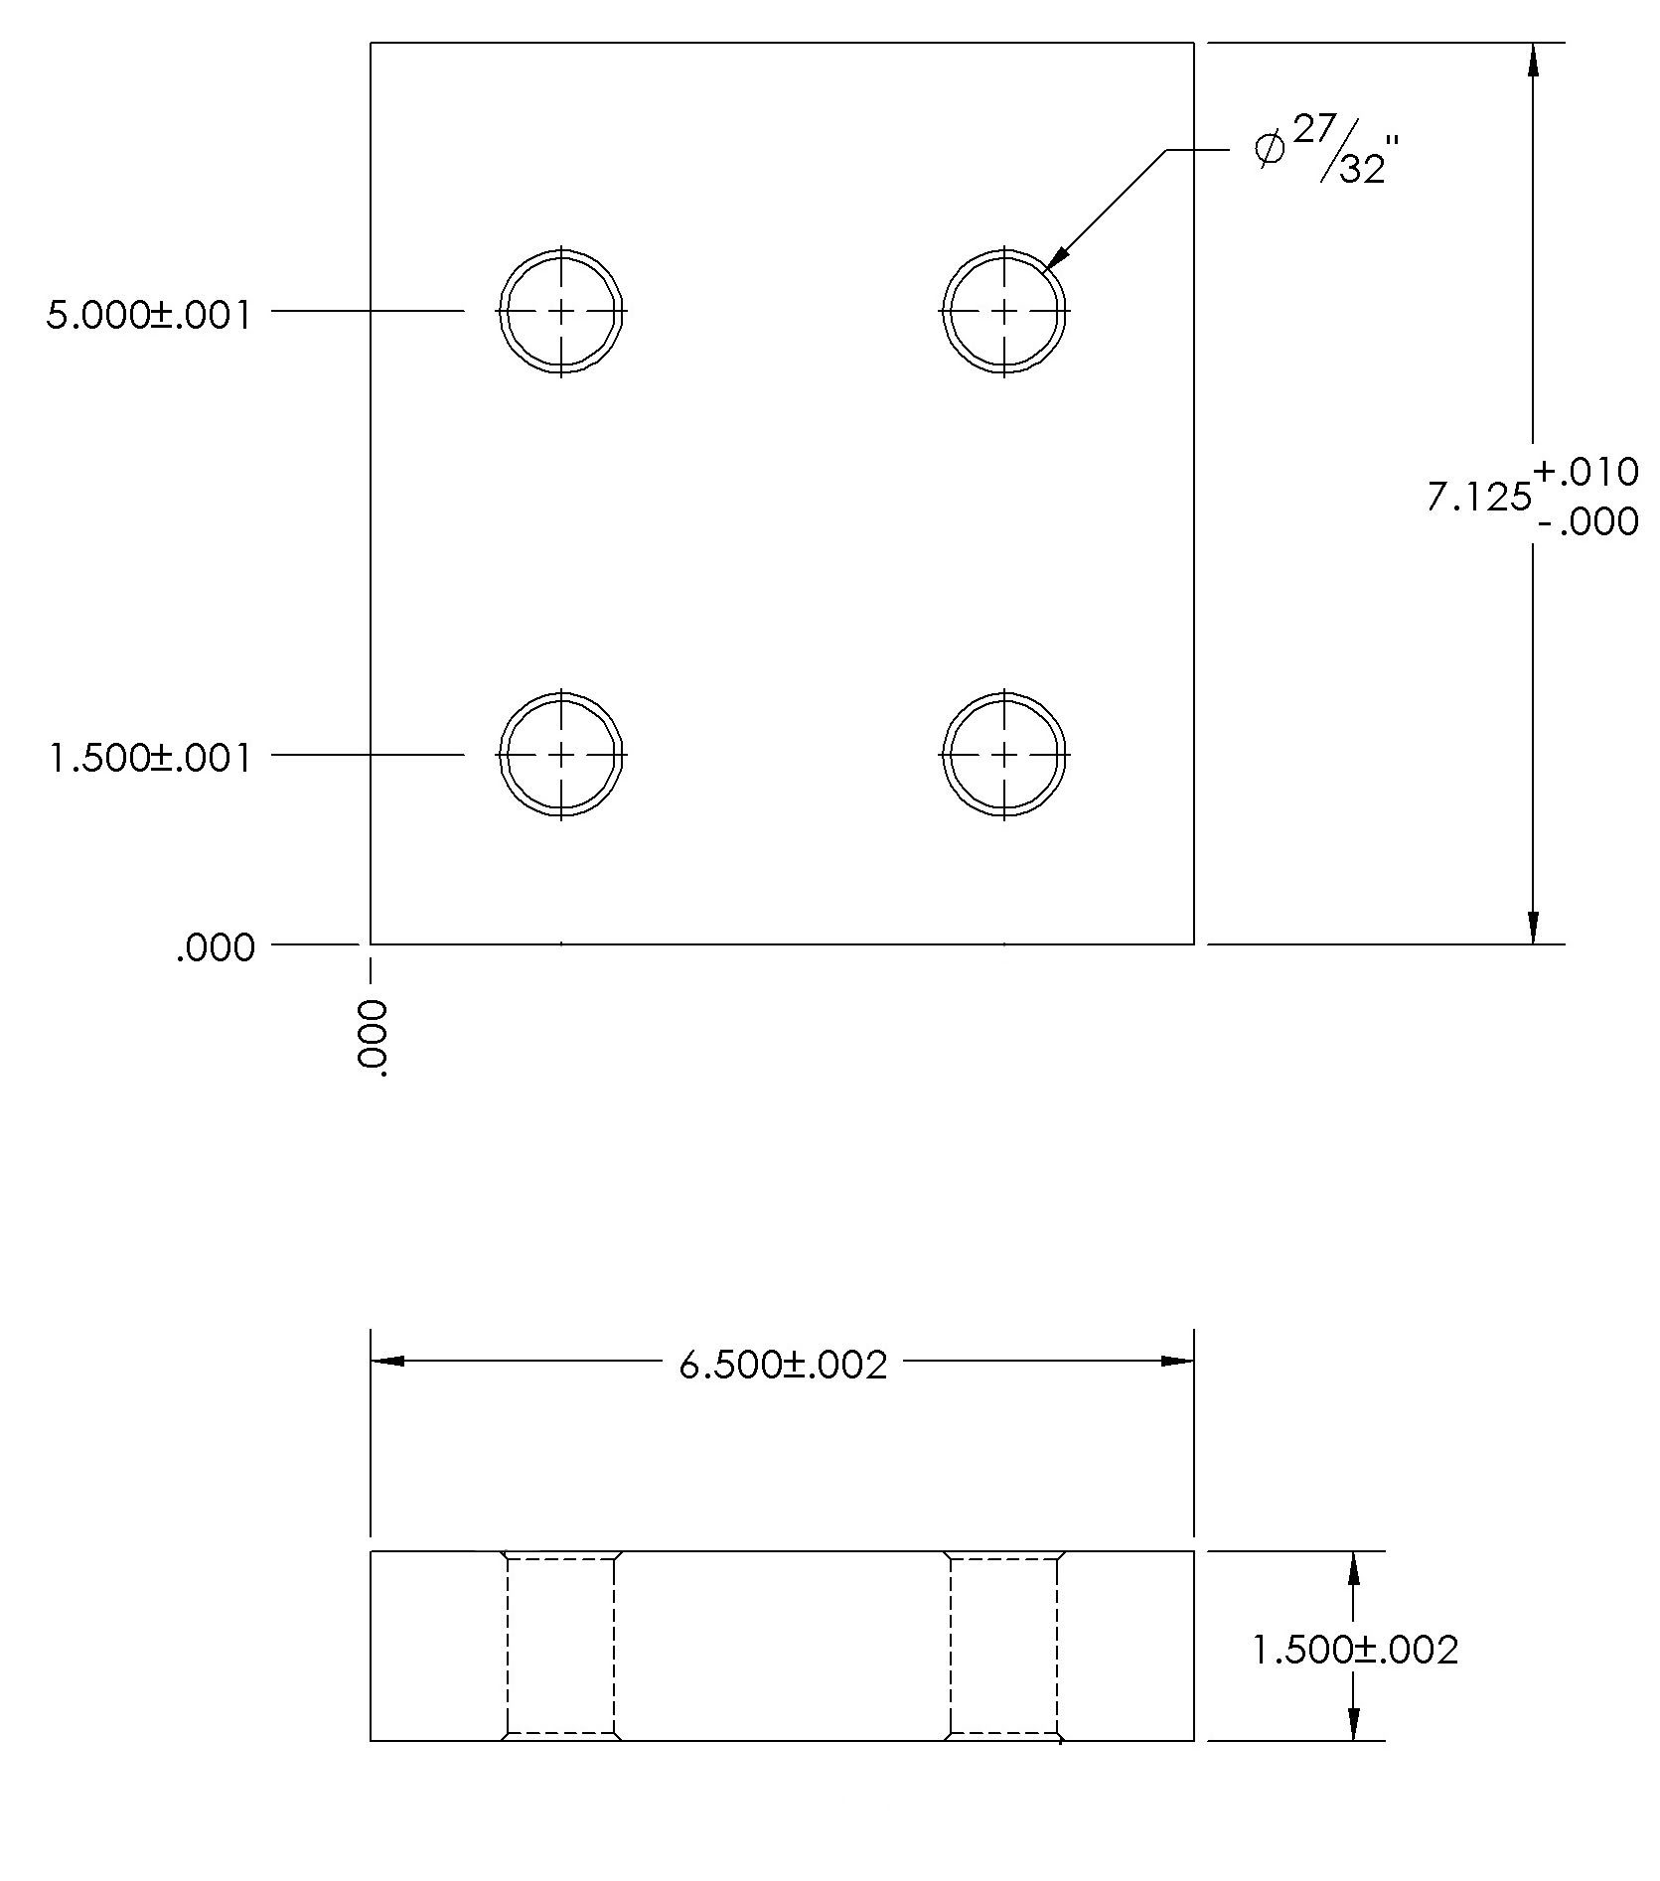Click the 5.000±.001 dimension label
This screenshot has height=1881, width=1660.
[149, 316]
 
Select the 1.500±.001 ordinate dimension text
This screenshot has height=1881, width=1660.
[149, 759]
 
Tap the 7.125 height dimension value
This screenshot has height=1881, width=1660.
[1478, 497]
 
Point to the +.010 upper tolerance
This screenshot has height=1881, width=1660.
[1586, 472]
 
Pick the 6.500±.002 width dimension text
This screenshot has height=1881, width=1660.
[783, 1365]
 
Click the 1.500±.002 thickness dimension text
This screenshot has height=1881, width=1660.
[1355, 1650]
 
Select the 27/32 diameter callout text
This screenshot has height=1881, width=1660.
[1347, 151]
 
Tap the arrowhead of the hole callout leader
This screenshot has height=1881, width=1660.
[1057, 256]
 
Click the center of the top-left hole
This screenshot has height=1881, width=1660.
[562, 311]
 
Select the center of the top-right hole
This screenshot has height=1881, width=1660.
[1005, 311]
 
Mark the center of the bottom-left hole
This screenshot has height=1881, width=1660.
[562, 755]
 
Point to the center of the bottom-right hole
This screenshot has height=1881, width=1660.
[1005, 755]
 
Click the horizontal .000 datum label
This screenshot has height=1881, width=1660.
[216, 948]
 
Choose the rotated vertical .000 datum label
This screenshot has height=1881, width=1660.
[372, 1038]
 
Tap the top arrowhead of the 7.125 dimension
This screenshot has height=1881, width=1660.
[1533, 59]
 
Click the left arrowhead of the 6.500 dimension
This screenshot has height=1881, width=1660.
[387, 1361]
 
